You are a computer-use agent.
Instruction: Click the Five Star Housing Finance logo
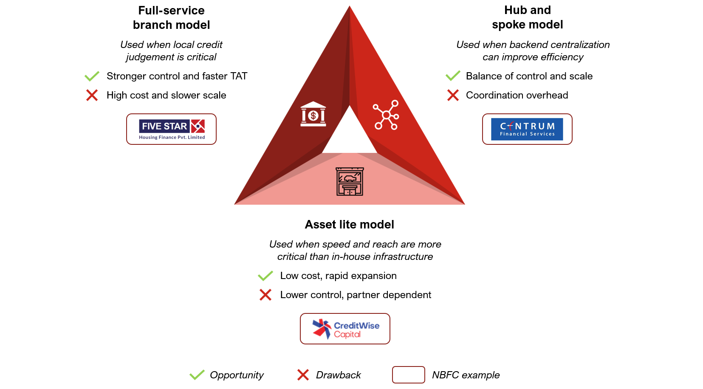[x=172, y=129]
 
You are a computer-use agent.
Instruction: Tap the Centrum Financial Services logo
[x=527, y=129]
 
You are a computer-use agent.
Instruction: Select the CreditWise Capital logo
[x=345, y=329]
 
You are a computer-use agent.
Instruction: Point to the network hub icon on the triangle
[x=386, y=115]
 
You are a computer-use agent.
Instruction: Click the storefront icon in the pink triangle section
[x=350, y=181]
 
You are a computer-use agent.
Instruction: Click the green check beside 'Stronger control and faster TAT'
[x=92, y=76]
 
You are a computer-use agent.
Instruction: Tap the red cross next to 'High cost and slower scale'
[x=92, y=95]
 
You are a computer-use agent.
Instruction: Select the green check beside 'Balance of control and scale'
[x=453, y=76]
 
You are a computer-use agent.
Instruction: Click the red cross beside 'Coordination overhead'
[x=453, y=95]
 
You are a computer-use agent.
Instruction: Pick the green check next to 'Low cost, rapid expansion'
[x=265, y=276]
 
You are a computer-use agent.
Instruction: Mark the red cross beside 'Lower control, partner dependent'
[x=265, y=295]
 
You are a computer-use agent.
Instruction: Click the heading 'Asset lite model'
[x=349, y=225]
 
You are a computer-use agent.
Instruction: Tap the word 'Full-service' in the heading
[x=171, y=11]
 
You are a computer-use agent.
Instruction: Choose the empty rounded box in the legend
[x=408, y=375]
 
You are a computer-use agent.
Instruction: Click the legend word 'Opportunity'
[x=237, y=375]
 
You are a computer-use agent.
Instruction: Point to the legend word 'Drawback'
[x=338, y=375]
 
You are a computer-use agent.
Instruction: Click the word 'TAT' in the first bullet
[x=239, y=76]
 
